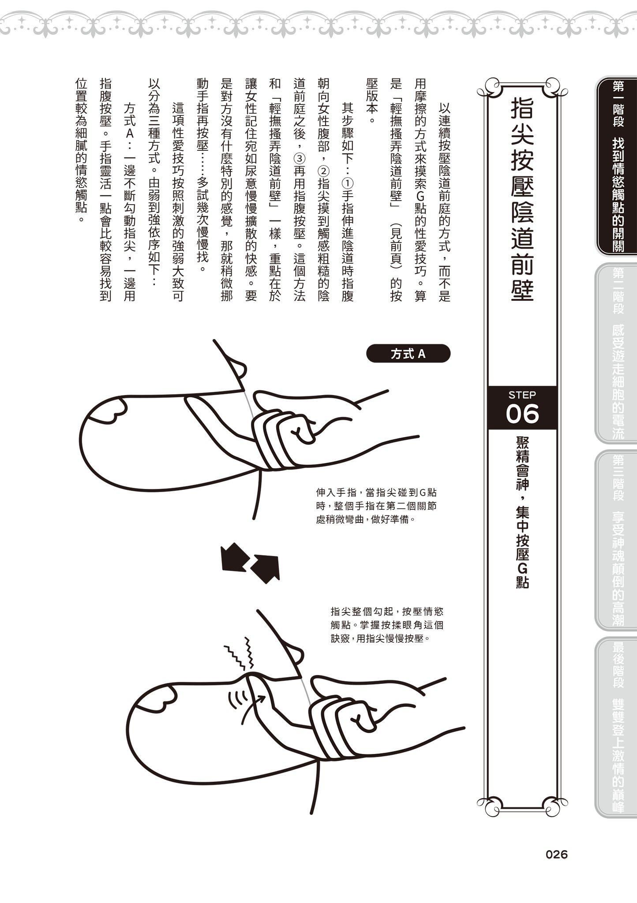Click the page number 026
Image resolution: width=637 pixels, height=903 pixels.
coord(556,854)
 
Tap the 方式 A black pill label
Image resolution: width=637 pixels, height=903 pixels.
coord(408,354)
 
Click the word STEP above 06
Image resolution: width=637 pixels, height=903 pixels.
coord(522,395)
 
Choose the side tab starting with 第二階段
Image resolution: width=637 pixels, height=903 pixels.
coord(617,353)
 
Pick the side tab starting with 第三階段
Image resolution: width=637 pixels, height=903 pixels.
coord(617,540)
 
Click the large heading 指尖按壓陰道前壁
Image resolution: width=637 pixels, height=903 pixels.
coord(522,198)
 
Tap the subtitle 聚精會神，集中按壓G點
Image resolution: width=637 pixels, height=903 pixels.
coord(522,511)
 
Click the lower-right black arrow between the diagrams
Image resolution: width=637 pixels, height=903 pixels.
coord(267,568)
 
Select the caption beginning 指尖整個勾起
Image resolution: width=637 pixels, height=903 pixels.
coord(387,625)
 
